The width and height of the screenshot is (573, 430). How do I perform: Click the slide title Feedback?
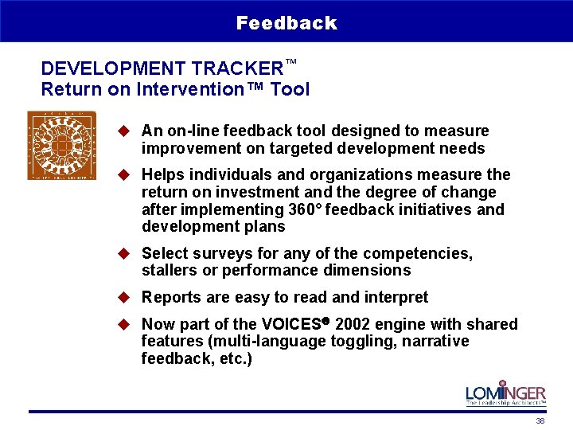click(286, 23)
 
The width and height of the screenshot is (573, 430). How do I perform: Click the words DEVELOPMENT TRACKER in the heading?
click(162, 68)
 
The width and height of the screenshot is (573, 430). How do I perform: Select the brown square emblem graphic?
click(61, 145)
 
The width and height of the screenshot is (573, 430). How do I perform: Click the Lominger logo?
click(505, 393)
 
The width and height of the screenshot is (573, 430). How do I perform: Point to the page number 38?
click(540, 421)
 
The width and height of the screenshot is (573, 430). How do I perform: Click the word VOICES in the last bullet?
click(292, 324)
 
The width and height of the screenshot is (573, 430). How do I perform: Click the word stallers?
click(168, 271)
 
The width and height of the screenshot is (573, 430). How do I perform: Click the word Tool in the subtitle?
click(290, 89)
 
